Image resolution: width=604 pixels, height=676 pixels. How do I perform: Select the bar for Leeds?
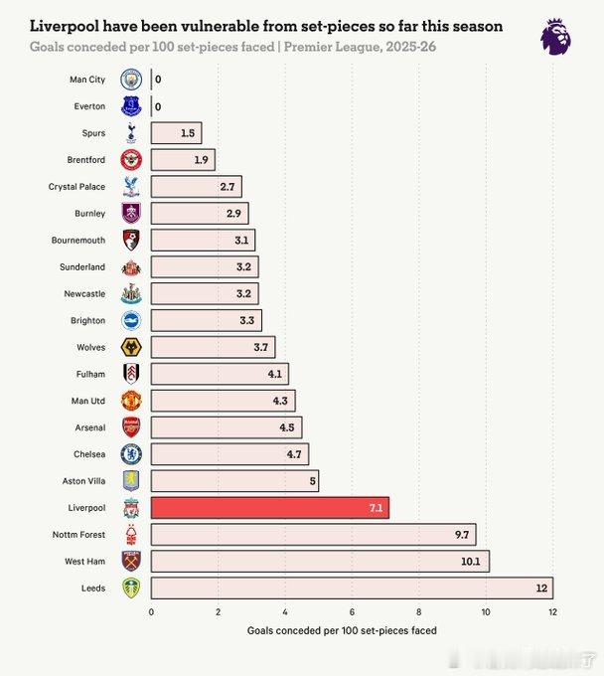[x=352, y=589]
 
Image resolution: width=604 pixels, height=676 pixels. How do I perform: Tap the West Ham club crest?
[x=131, y=562]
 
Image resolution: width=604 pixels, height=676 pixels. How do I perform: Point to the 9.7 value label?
[x=462, y=535]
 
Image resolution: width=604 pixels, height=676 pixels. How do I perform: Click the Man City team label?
[x=87, y=80]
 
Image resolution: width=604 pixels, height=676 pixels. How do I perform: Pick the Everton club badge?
[x=131, y=106]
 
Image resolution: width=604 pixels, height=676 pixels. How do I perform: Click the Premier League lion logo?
[x=555, y=37]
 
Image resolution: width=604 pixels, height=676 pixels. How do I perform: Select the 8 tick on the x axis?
[x=418, y=612]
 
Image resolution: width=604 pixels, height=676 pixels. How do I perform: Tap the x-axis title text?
[x=341, y=631]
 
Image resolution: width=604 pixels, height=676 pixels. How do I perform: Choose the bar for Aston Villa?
[x=234, y=481]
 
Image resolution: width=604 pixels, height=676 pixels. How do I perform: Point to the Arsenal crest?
[x=131, y=427]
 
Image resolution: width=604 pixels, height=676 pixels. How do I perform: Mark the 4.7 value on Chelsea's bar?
[x=294, y=454]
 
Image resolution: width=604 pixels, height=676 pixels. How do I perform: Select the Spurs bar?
[x=176, y=133]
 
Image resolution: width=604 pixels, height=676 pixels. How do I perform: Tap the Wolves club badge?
[x=131, y=347]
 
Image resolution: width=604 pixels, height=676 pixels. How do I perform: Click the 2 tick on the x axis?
[x=218, y=612]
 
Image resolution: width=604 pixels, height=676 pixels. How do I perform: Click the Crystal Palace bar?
[x=196, y=187]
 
